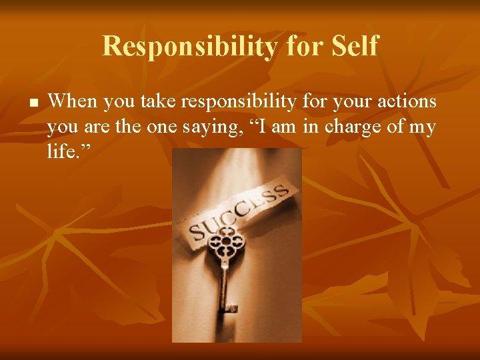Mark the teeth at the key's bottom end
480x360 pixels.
(x=231, y=307)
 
